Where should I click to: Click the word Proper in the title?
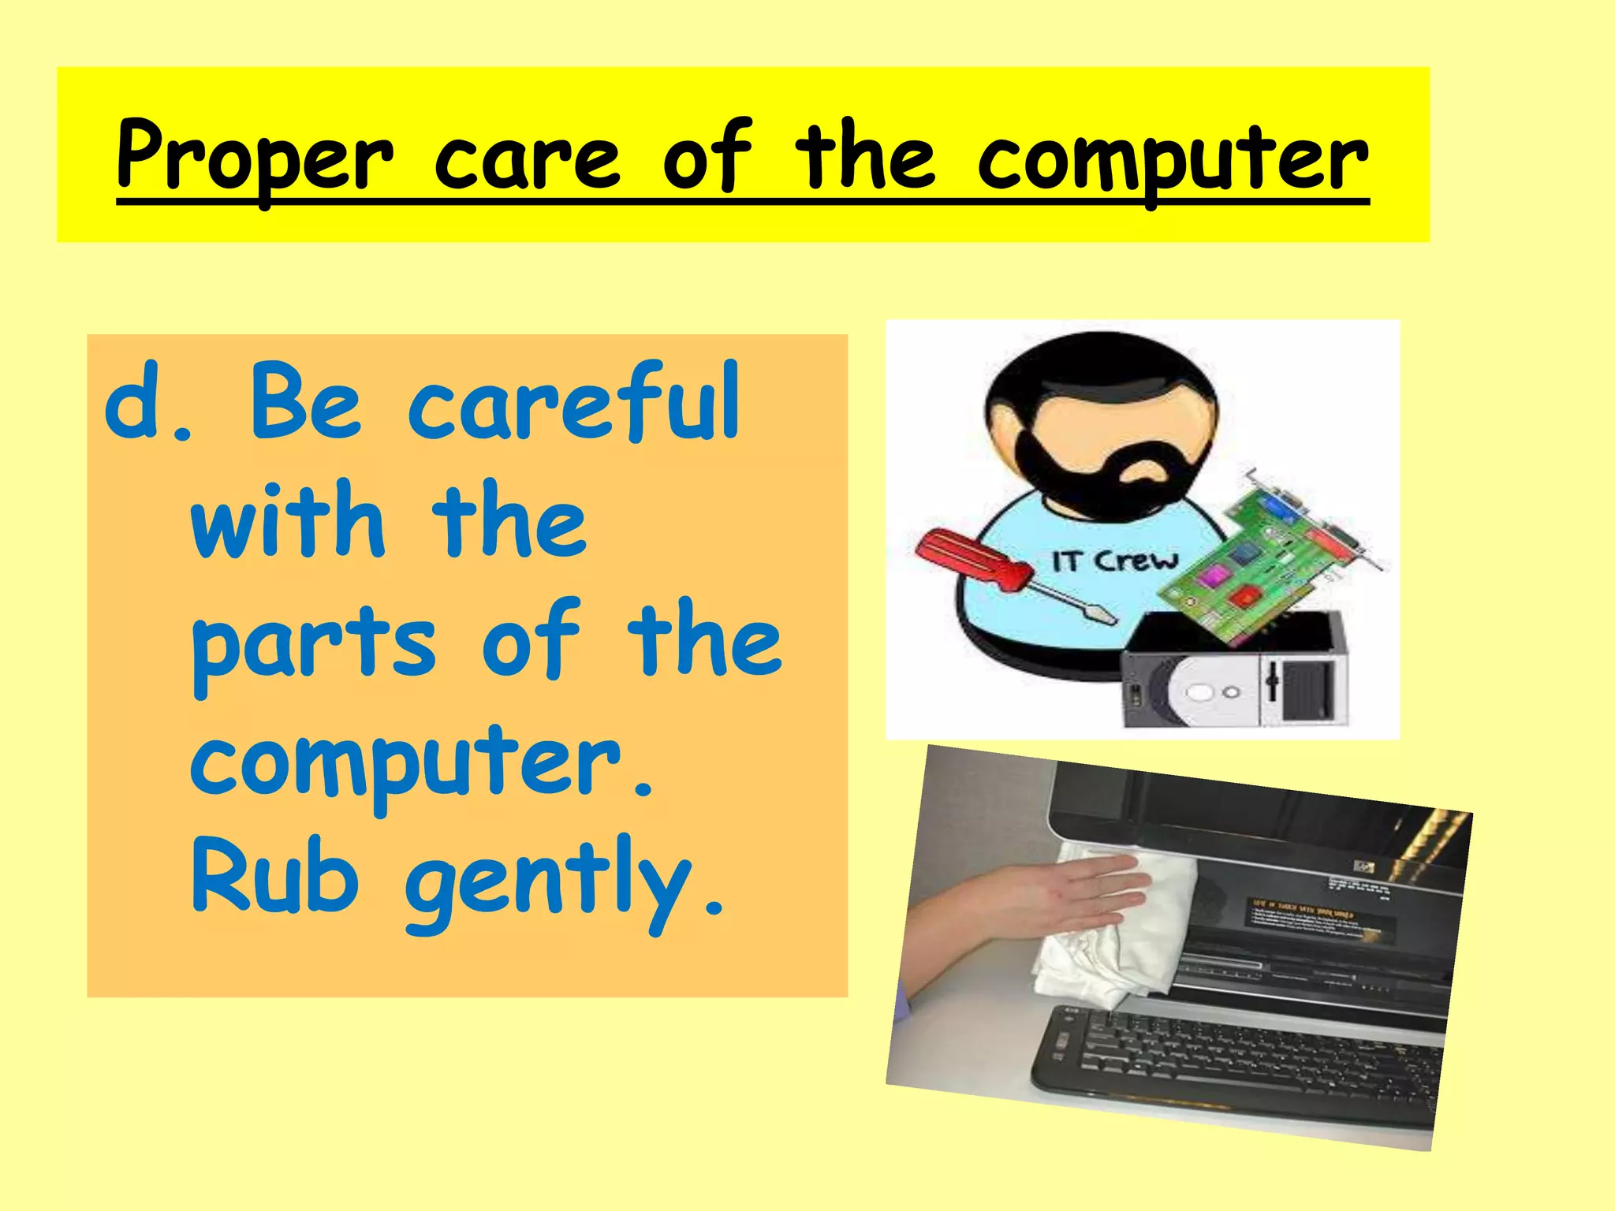[254, 158]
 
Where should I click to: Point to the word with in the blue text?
[288, 520]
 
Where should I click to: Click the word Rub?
[276, 875]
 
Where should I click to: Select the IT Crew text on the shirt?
[1114, 561]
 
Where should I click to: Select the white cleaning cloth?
[1104, 946]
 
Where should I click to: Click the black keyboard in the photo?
[1238, 1064]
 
